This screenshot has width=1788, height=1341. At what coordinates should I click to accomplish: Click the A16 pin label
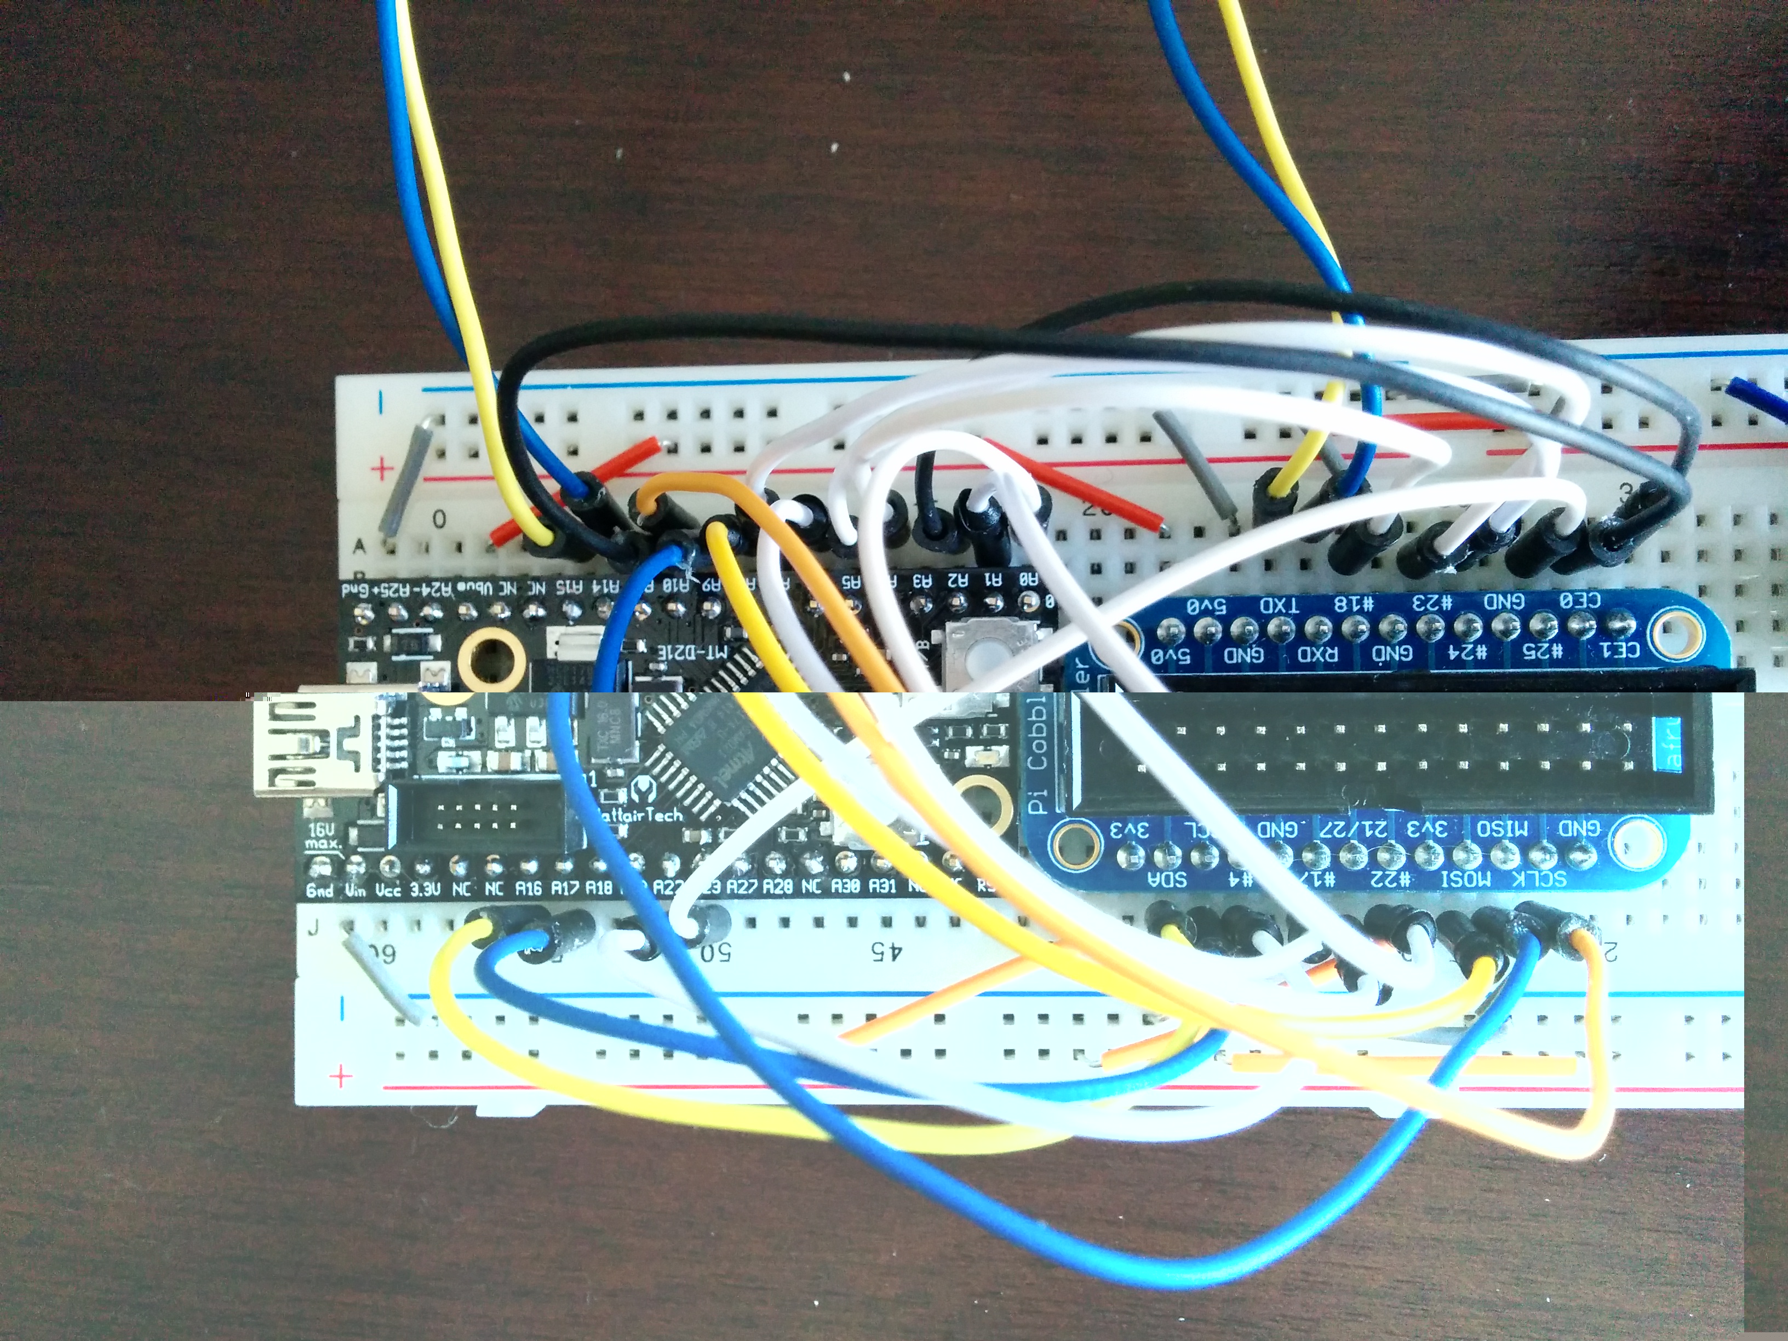(x=528, y=887)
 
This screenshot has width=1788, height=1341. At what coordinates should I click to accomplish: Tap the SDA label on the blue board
(x=1169, y=879)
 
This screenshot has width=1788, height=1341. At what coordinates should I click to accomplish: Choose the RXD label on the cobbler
(x=1317, y=653)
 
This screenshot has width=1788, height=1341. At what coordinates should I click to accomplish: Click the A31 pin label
(x=882, y=887)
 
